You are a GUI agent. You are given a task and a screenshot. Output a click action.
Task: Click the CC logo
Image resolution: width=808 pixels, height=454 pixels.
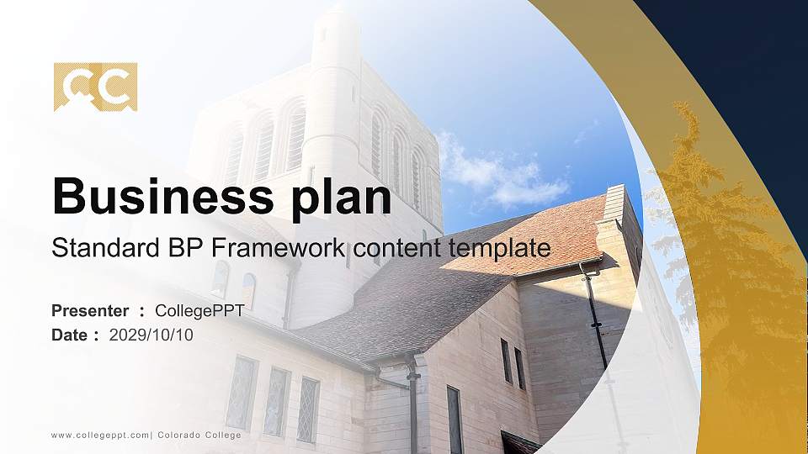[x=95, y=87]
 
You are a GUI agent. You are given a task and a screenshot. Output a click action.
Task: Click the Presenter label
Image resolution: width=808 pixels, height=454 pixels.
[x=90, y=311]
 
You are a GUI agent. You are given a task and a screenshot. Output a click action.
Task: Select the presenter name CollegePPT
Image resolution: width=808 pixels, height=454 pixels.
[x=199, y=311]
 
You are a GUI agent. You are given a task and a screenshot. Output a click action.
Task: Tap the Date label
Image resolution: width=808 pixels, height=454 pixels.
[x=69, y=335]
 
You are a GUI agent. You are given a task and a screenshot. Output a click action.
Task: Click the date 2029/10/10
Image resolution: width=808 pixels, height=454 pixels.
[x=151, y=335]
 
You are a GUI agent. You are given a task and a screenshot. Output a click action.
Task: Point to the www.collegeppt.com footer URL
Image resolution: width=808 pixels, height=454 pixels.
[x=99, y=435]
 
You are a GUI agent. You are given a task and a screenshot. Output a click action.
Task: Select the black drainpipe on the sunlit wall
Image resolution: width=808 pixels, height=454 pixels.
[x=595, y=315]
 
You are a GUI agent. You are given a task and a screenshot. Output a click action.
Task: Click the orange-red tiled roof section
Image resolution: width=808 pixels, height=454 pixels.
[x=539, y=235]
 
